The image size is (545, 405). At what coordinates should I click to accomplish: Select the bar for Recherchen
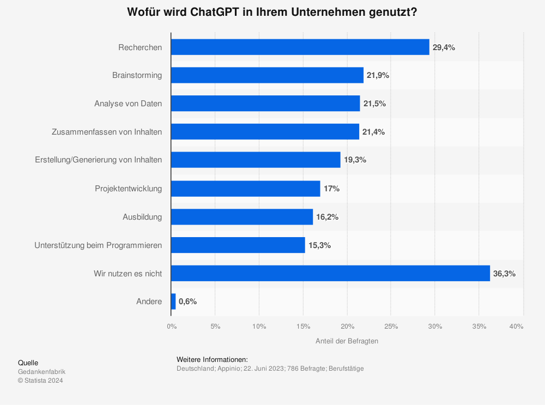[300, 47]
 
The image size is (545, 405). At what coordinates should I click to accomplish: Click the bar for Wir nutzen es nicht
[330, 274]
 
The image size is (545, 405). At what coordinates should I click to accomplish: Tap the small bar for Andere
[173, 301]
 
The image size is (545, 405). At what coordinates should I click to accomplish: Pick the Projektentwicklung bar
[245, 189]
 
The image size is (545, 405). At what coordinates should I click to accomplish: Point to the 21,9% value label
[378, 75]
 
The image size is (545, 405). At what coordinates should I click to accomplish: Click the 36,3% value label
[504, 274]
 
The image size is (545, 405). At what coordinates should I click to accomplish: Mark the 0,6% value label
[187, 301]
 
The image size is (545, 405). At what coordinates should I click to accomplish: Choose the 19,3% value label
[355, 160]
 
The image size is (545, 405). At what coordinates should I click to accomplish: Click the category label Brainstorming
[137, 75]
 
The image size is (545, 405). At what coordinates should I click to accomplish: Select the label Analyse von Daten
[128, 104]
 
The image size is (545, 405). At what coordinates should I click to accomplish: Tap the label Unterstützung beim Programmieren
[98, 245]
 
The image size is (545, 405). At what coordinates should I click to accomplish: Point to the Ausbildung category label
[142, 217]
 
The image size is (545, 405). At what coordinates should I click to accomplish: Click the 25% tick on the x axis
[391, 327]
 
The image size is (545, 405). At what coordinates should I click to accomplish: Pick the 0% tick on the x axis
[172, 327]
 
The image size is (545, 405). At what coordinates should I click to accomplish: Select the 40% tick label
[516, 327]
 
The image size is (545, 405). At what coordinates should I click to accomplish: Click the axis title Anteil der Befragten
[347, 341]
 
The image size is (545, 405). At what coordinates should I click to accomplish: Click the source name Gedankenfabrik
[41, 372]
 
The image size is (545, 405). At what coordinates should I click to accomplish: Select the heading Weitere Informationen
[212, 359]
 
